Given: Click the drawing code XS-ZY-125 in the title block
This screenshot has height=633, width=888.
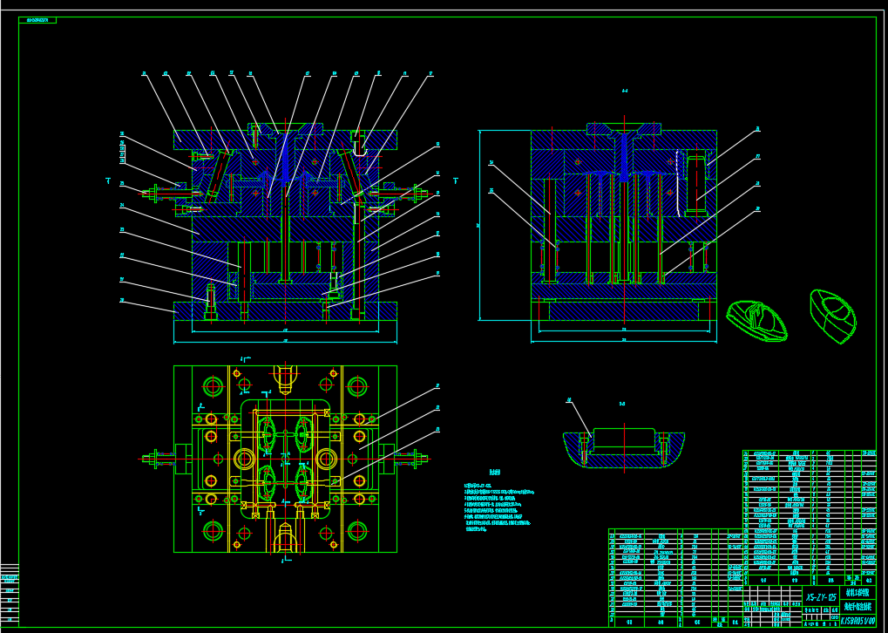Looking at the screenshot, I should [821, 598].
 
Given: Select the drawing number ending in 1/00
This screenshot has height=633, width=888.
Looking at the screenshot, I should [857, 620].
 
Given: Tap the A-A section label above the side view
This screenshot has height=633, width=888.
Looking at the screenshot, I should [625, 91].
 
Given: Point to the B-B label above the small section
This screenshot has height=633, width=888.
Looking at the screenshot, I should [622, 404].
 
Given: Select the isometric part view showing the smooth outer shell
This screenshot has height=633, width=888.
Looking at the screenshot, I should [833, 315].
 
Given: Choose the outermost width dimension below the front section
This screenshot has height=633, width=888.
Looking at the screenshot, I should [285, 340].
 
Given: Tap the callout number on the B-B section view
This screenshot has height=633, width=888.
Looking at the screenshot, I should [569, 400].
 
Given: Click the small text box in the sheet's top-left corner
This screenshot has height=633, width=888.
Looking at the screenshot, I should [37, 19].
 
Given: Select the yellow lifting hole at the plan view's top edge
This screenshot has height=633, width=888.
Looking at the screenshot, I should [284, 376].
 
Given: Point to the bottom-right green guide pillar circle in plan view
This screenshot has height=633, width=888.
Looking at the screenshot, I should [357, 530].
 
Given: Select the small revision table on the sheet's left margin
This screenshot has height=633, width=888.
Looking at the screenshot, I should [10, 593].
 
